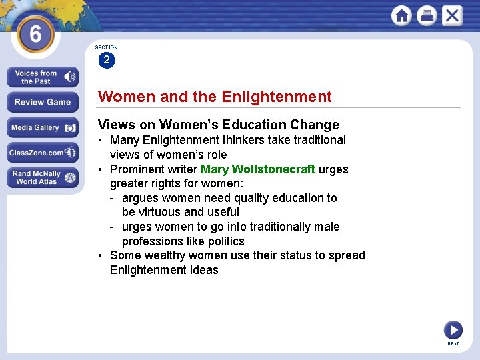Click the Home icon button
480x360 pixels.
tap(401, 15)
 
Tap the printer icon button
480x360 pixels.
tap(427, 15)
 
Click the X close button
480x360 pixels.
tap(452, 15)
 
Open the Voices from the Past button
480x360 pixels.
tap(43, 77)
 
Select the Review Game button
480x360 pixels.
tap(43, 102)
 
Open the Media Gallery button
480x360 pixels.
tap(43, 127)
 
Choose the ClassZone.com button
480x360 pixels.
tap(43, 153)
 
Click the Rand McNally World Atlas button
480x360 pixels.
tap(43, 177)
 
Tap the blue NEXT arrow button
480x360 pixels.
tap(453, 329)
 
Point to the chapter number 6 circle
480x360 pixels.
tap(35, 33)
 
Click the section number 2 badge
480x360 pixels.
tap(106, 61)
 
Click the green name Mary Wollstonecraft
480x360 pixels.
tap(257, 169)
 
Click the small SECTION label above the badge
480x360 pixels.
tap(106, 47)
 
